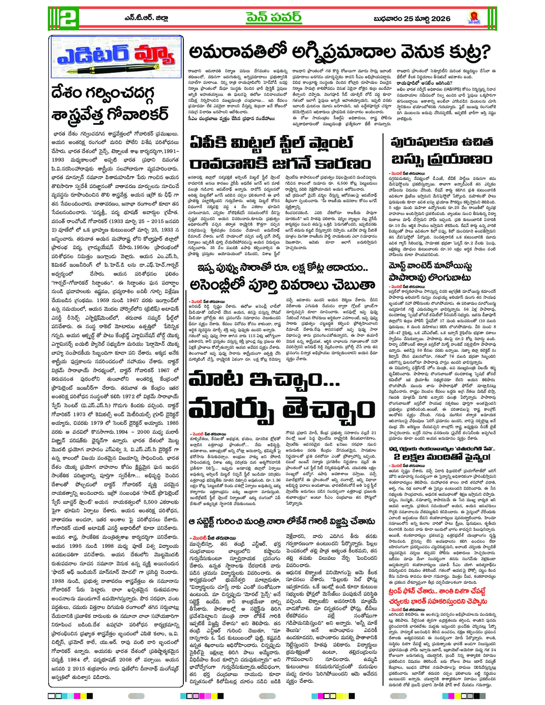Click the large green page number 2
[x=64, y=18]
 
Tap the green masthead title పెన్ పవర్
[x=274, y=17]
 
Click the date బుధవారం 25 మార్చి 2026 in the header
[x=412, y=19]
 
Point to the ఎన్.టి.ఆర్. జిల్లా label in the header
[x=146, y=18]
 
